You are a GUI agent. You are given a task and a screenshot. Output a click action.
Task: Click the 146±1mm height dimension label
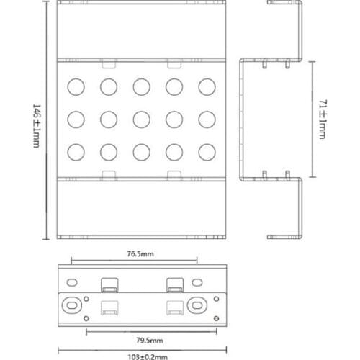coord(37,126)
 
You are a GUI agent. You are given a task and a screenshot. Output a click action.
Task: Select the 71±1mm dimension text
coord(323,119)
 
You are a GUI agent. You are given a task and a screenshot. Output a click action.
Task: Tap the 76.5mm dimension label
coord(140,253)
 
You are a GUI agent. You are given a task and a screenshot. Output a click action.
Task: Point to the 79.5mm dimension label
coord(150,340)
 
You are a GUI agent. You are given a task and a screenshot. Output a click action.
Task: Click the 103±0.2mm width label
coord(148,357)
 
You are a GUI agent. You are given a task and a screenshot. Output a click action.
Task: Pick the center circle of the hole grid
coord(142,120)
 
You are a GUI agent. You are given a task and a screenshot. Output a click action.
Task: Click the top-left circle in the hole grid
coord(76,86)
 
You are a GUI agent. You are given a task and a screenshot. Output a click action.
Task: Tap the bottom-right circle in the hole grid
coord(207,152)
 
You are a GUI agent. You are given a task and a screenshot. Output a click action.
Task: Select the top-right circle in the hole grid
coord(207,86)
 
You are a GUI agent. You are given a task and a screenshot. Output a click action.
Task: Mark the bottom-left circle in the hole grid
coord(76,152)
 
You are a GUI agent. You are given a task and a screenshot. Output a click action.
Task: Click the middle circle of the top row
coord(142,86)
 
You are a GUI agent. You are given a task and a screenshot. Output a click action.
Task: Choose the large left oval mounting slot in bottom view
coord(72,305)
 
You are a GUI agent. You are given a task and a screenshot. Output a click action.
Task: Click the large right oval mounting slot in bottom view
coord(197,305)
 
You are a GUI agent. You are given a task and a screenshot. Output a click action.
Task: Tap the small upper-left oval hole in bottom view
coord(72,282)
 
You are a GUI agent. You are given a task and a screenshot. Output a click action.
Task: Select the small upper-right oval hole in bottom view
coord(197,282)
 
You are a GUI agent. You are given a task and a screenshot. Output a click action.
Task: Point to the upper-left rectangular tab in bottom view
coord(109,285)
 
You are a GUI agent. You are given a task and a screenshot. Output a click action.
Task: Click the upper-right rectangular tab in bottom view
coord(175,285)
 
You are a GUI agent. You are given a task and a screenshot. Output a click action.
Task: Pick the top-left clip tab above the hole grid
coord(109,63)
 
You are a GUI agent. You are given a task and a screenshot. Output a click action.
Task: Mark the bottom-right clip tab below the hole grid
coord(174,176)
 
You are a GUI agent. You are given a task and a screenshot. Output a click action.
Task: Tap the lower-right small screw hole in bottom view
coord(216,318)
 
